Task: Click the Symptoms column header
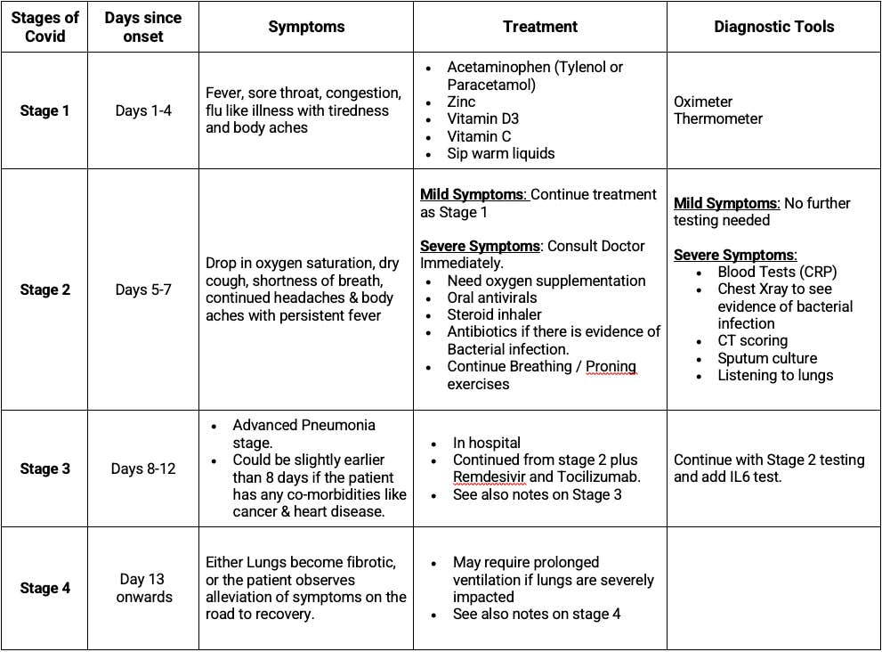[x=306, y=27]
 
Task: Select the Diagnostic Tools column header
[x=773, y=27]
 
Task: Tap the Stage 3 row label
[x=45, y=469]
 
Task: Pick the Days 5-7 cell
[x=143, y=289]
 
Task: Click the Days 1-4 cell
[x=143, y=110]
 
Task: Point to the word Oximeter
[x=703, y=102]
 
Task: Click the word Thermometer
[x=718, y=118]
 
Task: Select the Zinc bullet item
[x=461, y=102]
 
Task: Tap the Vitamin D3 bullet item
[x=482, y=118]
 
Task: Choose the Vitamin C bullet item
[x=481, y=136]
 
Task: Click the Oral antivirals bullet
[x=492, y=297]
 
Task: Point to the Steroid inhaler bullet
[x=494, y=314]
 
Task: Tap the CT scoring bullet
[x=752, y=340]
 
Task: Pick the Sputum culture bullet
[x=767, y=358]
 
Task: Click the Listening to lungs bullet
[x=775, y=375]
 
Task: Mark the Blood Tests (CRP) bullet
[x=777, y=272]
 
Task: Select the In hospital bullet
[x=486, y=443]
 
